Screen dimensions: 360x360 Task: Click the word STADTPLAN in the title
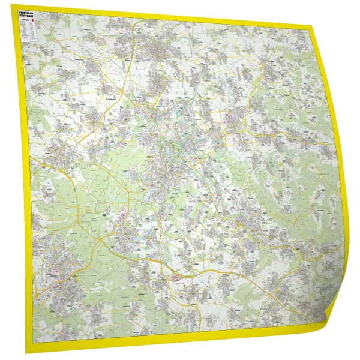click(27, 12)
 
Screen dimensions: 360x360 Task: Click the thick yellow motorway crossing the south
click(198, 274)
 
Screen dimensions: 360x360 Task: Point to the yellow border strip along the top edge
click(162, 13)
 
